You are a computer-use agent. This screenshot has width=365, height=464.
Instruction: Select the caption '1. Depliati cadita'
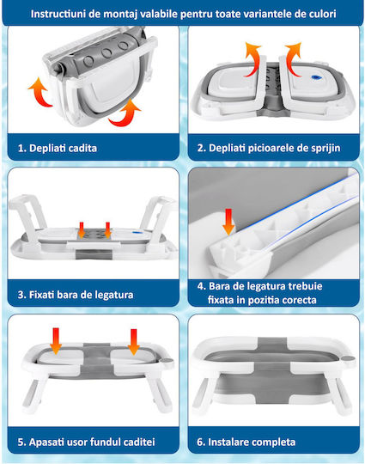coord(58,148)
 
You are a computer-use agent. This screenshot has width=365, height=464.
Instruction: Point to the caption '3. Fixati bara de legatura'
coord(76,295)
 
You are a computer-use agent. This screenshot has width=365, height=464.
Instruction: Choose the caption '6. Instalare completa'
coord(246,442)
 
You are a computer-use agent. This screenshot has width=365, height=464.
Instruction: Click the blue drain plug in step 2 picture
coord(315,77)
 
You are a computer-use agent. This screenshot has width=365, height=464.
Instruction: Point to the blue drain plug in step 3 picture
coord(137,233)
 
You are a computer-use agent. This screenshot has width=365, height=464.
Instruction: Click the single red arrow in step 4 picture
coord(228,222)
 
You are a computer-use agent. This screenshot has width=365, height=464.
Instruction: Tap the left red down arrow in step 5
coord(56,340)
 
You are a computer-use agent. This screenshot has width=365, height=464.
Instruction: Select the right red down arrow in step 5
coord(134,342)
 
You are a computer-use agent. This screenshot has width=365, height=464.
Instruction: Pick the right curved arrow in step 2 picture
coord(293,60)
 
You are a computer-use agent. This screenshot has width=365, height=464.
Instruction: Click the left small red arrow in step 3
coord(82,230)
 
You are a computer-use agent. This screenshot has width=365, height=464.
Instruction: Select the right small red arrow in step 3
coord(107,230)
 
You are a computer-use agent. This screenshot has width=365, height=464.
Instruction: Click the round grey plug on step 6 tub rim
coord(349,358)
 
